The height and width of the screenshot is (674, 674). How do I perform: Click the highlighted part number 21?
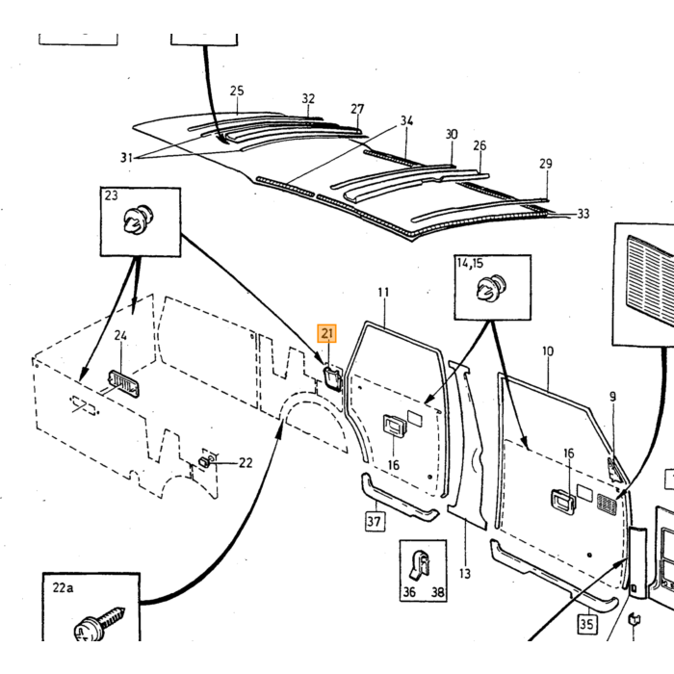click(x=327, y=333)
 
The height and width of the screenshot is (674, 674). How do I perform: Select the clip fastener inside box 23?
click(x=138, y=220)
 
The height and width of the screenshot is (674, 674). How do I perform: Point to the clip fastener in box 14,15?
click(x=491, y=287)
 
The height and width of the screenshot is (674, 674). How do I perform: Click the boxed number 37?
click(x=374, y=522)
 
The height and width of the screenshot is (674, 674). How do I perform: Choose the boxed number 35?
click(x=586, y=624)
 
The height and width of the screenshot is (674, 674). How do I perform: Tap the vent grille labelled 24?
click(x=124, y=382)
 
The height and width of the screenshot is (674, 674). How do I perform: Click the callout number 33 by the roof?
click(x=583, y=214)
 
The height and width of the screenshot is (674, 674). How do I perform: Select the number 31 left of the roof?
click(x=126, y=158)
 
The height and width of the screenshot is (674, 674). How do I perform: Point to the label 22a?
click(x=63, y=587)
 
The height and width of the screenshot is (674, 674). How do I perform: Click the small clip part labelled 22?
click(x=204, y=462)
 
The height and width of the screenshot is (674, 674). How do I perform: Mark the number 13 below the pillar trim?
click(x=465, y=574)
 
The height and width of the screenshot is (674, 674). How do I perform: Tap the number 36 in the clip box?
click(x=409, y=592)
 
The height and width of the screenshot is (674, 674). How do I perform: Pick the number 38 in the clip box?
click(x=437, y=592)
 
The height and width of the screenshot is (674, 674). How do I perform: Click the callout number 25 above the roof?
click(x=237, y=91)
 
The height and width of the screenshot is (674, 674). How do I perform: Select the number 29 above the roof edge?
click(x=546, y=164)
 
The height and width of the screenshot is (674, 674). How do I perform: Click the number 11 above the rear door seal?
click(x=383, y=293)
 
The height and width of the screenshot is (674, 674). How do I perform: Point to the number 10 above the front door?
click(x=548, y=351)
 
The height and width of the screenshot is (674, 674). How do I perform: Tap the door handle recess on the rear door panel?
click(x=394, y=426)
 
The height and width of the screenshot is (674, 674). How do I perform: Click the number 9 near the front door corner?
click(x=612, y=397)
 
